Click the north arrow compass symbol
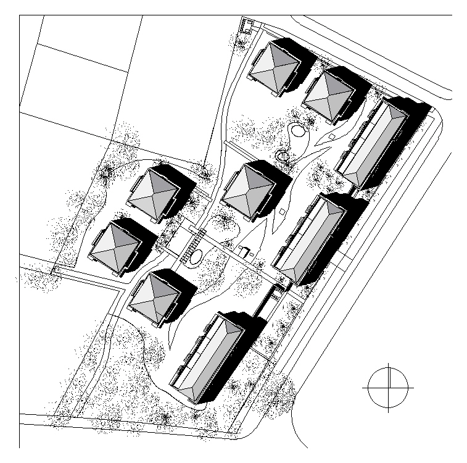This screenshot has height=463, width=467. point(389,387)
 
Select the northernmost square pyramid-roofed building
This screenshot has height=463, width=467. point(275,68)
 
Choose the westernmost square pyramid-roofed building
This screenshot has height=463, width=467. point(115,245)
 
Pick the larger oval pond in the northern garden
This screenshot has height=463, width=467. point(297,131)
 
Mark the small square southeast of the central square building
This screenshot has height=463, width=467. point(281,212)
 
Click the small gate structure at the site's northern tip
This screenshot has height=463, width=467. point(247,27)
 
